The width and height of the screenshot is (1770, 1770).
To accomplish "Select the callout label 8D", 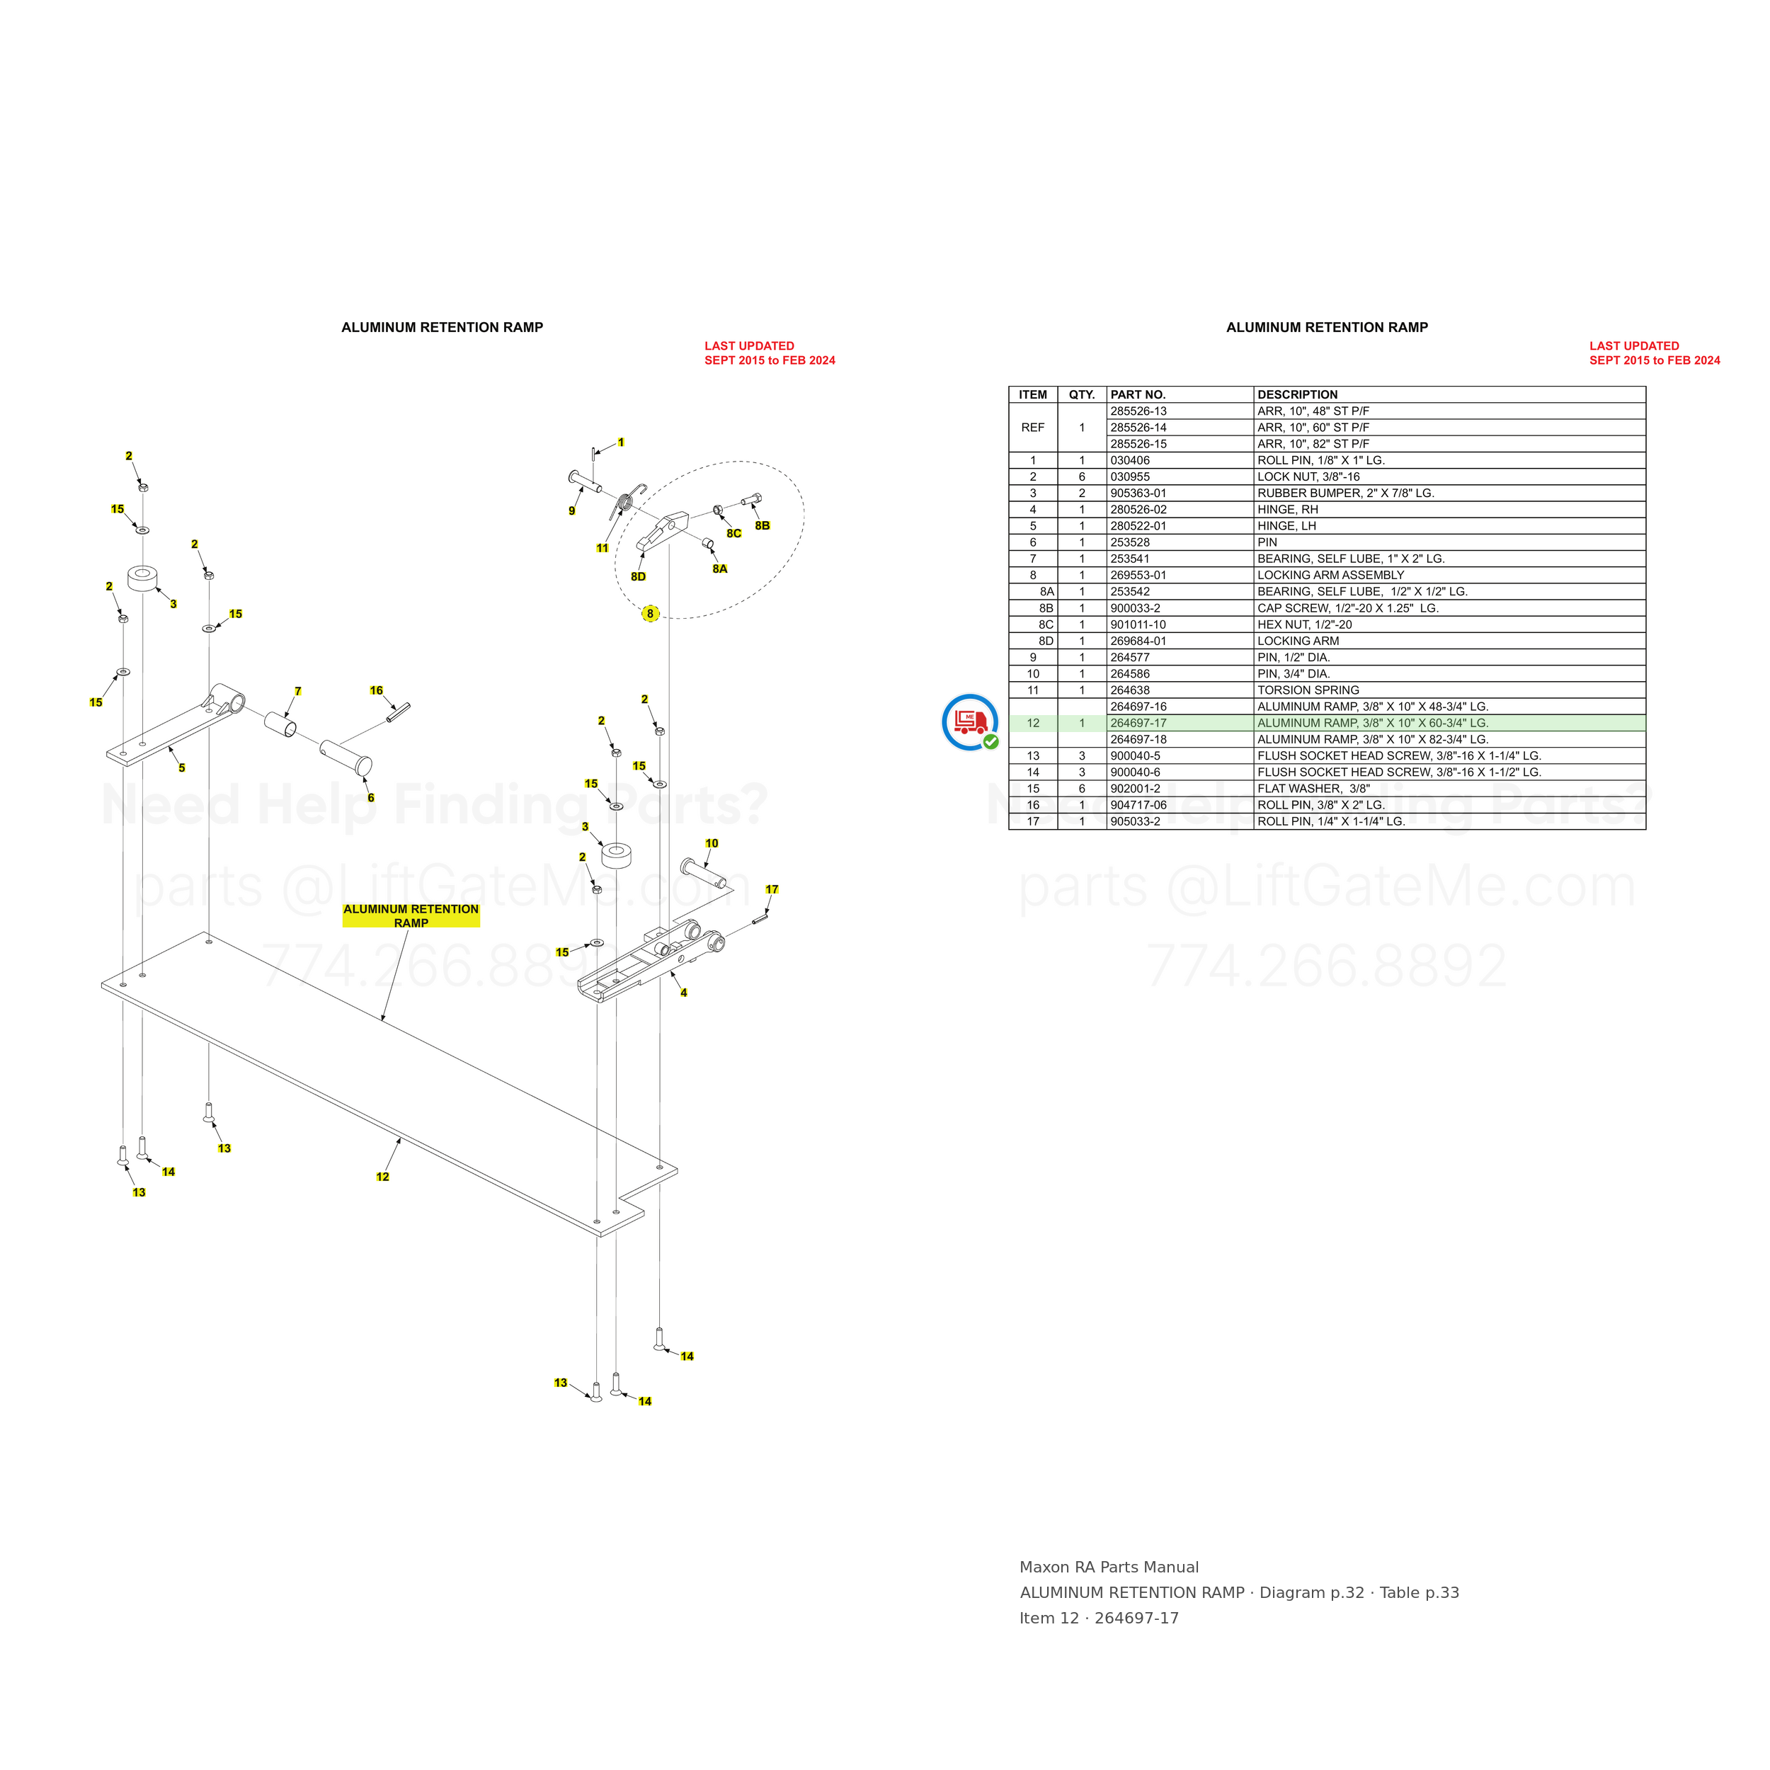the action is [638, 576].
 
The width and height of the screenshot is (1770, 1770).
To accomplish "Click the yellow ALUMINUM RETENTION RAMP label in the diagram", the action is [411, 916].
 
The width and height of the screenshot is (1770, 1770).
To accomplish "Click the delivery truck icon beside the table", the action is [970, 723].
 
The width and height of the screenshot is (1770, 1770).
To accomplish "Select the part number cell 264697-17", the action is [1138, 724].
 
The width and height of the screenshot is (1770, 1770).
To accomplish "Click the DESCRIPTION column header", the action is [1297, 395].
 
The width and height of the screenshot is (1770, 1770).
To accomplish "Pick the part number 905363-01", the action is [1138, 493].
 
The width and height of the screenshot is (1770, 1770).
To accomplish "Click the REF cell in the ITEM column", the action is [1032, 428].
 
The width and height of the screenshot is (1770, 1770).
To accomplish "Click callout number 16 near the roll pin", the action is [377, 691].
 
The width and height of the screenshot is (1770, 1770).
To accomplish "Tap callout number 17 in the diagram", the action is [772, 889].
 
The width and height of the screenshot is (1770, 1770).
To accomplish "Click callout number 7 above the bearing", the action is [298, 692].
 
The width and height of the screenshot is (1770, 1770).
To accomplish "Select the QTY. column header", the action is [1082, 395].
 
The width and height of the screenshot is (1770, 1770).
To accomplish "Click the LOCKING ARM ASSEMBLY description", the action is [1330, 576].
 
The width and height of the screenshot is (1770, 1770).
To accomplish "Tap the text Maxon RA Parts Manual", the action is [1109, 1568].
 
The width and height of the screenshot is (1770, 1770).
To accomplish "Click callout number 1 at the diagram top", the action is [621, 442].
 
